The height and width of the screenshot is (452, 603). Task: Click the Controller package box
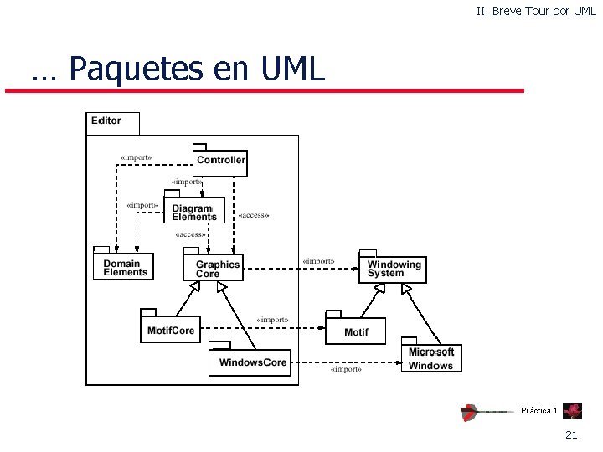pyautogui.click(x=221, y=161)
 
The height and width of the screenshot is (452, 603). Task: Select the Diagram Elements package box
pyautogui.click(x=194, y=213)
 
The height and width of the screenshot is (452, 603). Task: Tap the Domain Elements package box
pyautogui.click(x=125, y=268)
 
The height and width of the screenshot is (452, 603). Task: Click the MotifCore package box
pyautogui.click(x=170, y=331)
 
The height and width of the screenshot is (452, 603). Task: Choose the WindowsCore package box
pyautogui.click(x=252, y=362)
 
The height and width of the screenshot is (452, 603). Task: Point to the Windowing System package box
pyautogui.click(x=391, y=269)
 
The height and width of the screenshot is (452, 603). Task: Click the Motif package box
pyautogui.click(x=356, y=331)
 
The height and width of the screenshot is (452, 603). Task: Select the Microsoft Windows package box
pyautogui.click(x=430, y=359)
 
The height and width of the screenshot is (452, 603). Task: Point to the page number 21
pyautogui.click(x=572, y=434)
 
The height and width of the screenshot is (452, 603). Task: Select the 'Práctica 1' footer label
pyautogui.click(x=539, y=410)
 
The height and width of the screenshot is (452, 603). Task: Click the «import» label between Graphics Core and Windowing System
pyautogui.click(x=317, y=261)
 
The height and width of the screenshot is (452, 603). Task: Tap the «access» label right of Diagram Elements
pyautogui.click(x=254, y=215)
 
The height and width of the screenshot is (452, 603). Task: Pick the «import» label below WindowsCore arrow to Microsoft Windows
pyautogui.click(x=345, y=369)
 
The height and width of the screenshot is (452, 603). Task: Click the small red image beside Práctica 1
pyautogui.click(x=573, y=410)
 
